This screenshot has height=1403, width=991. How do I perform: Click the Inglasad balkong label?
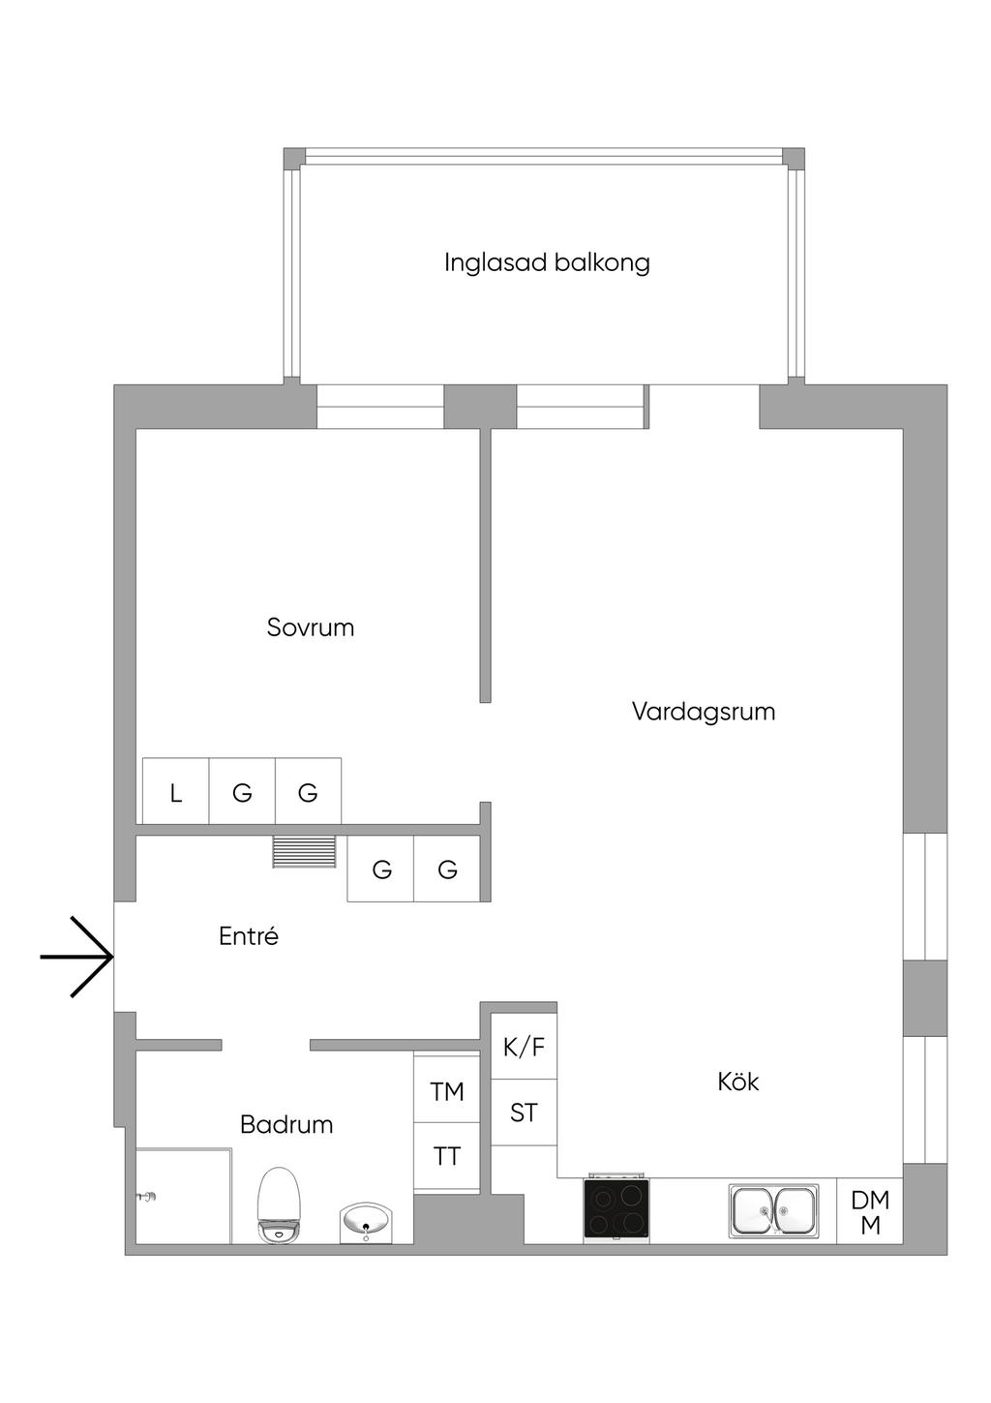[547, 262]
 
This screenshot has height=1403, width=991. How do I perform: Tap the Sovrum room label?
[311, 627]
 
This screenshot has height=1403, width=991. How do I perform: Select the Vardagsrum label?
[704, 712]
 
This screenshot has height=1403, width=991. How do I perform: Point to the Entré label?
[249, 936]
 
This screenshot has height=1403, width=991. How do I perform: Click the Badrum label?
[286, 1124]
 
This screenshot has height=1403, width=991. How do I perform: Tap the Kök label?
[738, 1082]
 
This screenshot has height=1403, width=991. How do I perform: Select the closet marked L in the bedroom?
[176, 792]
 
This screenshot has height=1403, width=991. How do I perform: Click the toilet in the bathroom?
[281, 1205]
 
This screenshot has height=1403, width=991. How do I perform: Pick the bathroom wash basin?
[367, 1222]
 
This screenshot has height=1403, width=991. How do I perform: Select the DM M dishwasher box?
[870, 1212]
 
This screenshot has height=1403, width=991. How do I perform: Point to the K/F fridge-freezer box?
[524, 1047]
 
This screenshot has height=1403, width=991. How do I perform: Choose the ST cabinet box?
[524, 1113]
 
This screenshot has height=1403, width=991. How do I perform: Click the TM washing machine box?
[447, 1091]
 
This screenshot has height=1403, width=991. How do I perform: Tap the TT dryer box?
[447, 1156]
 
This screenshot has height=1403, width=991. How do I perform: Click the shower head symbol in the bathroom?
[147, 1198]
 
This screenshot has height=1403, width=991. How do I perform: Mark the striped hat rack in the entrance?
[305, 852]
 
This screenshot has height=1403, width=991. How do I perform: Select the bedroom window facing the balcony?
[380, 408]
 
